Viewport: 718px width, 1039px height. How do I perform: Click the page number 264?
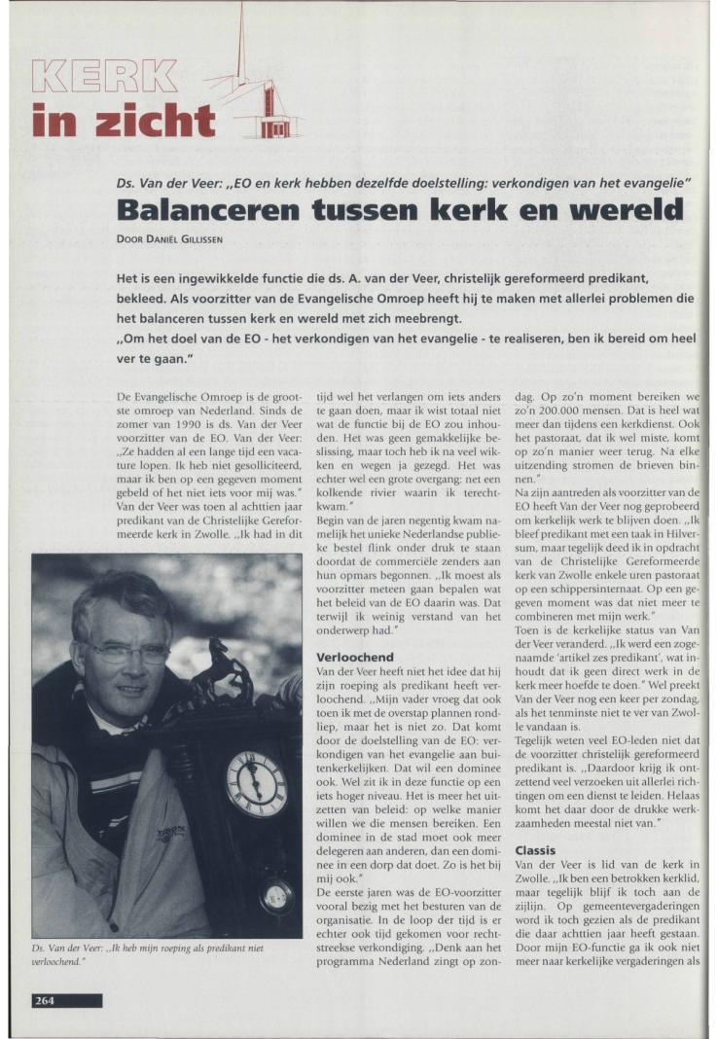tap(45, 1000)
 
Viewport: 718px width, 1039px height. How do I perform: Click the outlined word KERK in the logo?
tap(105, 77)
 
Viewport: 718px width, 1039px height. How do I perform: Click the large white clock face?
tap(257, 784)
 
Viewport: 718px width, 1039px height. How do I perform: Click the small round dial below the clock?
tap(276, 896)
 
